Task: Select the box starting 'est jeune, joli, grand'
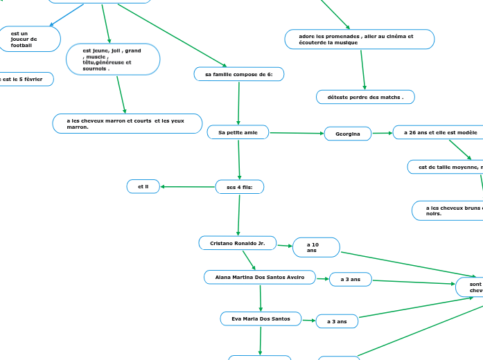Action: tap(112, 60)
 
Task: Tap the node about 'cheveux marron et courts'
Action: tap(128, 123)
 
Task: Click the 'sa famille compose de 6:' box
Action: tap(238, 74)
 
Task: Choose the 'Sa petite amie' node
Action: tap(238, 132)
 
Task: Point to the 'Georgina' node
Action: tap(348, 134)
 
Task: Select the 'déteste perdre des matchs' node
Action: tap(365, 97)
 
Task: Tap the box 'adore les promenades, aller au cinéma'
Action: tap(359, 39)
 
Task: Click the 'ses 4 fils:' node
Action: tap(240, 187)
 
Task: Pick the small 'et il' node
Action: tap(143, 186)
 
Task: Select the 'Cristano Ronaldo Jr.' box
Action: tap(238, 243)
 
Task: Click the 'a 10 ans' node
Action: tap(316, 247)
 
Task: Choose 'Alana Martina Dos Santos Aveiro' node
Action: tap(260, 277)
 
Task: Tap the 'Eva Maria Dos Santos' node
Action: tap(261, 318)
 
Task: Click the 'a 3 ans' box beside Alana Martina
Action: tap(350, 279)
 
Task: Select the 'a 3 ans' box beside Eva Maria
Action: tap(337, 321)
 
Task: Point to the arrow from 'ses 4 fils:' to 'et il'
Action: tap(188, 187)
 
